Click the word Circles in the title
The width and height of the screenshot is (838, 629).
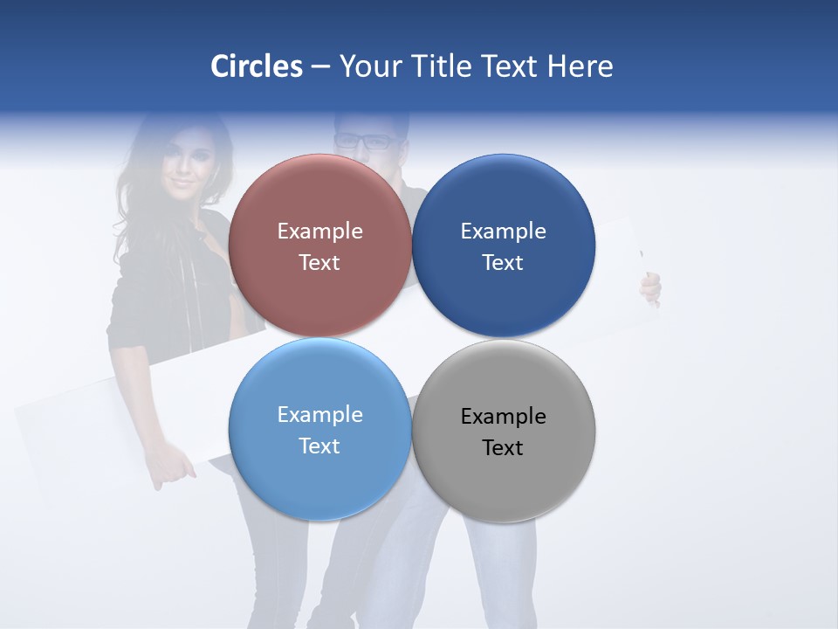(256, 66)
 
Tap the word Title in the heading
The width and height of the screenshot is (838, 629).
(441, 66)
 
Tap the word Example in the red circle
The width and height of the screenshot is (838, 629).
(319, 232)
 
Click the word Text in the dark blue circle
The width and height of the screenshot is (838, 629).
(503, 263)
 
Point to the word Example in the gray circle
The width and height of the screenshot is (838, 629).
(503, 417)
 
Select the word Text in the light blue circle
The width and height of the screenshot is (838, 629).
(319, 446)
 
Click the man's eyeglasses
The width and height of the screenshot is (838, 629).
(363, 140)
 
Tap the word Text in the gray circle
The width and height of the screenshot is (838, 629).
(503, 448)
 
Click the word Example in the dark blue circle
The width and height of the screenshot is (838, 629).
(503, 232)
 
